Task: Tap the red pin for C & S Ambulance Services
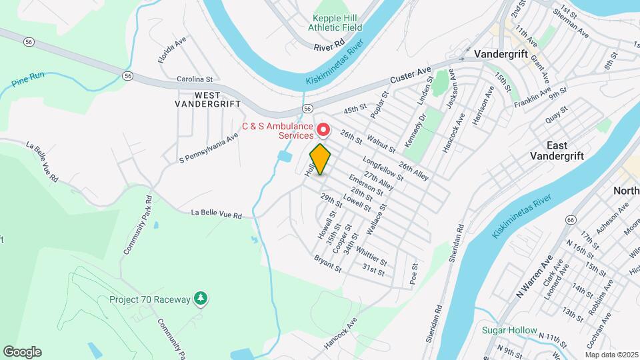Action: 323,129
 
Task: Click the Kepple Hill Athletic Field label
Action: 335,23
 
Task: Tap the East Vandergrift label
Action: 557,150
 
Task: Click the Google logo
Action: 22,351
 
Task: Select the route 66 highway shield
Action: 571,219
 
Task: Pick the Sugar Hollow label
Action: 510,330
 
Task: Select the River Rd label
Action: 329,47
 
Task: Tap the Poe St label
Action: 414,273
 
